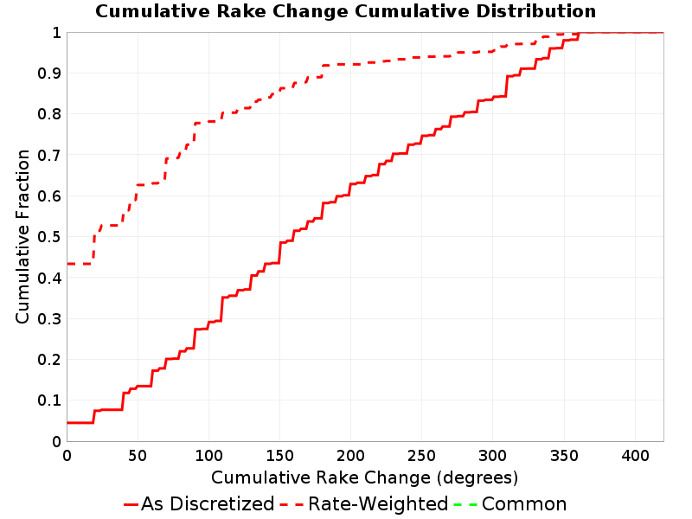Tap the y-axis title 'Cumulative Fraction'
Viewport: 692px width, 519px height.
(x=22, y=236)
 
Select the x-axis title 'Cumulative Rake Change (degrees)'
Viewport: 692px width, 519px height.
(x=364, y=477)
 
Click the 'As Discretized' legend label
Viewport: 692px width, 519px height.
(x=208, y=503)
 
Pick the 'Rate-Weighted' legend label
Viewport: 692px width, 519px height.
(x=378, y=503)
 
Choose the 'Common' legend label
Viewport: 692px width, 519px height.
(x=524, y=503)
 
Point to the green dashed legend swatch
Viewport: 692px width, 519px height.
(x=465, y=504)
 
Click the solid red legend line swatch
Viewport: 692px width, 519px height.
(x=131, y=504)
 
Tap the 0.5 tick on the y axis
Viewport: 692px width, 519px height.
(x=49, y=237)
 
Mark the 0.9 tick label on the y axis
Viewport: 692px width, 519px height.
(x=49, y=74)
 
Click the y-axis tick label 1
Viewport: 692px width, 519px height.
(x=56, y=32)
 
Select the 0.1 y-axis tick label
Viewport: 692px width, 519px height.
(x=49, y=400)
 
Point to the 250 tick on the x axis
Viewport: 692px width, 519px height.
(x=421, y=456)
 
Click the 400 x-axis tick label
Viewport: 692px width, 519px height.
(x=635, y=456)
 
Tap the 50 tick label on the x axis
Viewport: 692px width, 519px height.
(x=138, y=456)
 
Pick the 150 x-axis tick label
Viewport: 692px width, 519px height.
(x=279, y=456)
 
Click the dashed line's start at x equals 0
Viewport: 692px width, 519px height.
(x=67, y=264)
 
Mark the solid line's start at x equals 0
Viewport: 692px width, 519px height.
(x=67, y=423)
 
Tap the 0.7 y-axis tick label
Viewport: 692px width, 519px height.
(x=49, y=156)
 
